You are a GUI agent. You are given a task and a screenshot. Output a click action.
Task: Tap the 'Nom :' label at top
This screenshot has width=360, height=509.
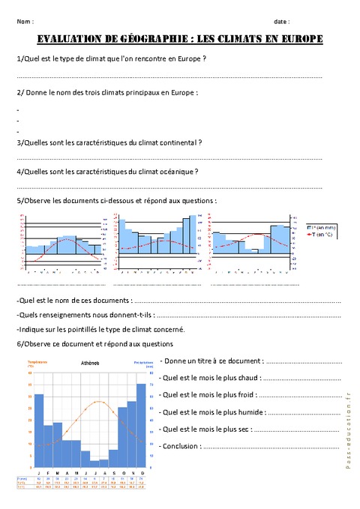[25, 22]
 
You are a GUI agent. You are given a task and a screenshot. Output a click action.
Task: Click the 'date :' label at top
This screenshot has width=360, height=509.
[282, 22]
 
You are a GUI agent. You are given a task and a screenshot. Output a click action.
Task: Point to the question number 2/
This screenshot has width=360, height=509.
[19, 93]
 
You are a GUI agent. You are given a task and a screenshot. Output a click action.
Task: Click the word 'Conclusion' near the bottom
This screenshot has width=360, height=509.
[180, 445]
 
